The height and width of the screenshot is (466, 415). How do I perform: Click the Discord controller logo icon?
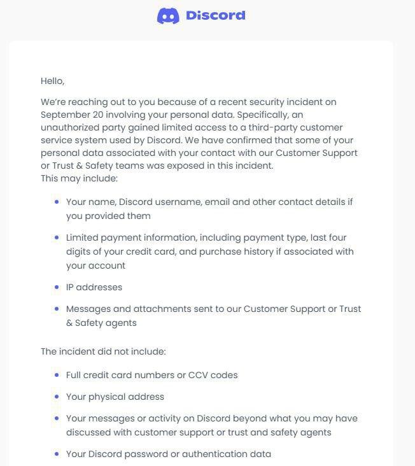[x=168, y=16]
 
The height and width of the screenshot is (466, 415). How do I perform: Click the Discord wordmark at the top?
[x=215, y=15]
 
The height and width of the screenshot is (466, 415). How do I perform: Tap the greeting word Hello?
[x=52, y=81]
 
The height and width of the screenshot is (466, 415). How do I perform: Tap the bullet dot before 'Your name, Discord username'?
[x=57, y=202]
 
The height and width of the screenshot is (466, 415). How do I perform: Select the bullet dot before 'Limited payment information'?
[x=57, y=237]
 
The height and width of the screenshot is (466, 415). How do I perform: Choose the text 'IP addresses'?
[x=94, y=287]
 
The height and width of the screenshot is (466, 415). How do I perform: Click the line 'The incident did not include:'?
[x=103, y=351]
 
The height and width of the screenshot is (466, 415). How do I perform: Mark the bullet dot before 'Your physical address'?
[x=57, y=397]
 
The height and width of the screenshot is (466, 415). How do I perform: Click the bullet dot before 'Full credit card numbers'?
[x=57, y=375]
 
